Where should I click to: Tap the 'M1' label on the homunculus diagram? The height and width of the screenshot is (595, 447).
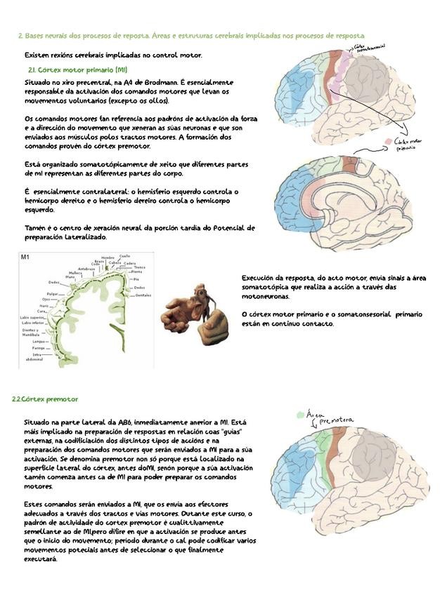pos(25,258)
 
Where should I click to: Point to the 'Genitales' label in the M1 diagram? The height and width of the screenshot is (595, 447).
pos(143,295)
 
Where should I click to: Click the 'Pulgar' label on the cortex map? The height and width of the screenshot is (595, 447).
pos(53,294)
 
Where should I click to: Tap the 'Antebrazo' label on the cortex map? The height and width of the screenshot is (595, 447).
pos(86,268)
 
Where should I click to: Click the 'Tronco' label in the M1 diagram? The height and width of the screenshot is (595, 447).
pos(139,267)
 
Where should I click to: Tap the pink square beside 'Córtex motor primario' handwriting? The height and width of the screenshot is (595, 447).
pos(388,142)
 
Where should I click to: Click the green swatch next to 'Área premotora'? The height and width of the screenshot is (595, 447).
pos(300,415)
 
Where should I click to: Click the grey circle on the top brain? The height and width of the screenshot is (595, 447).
pos(368,79)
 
